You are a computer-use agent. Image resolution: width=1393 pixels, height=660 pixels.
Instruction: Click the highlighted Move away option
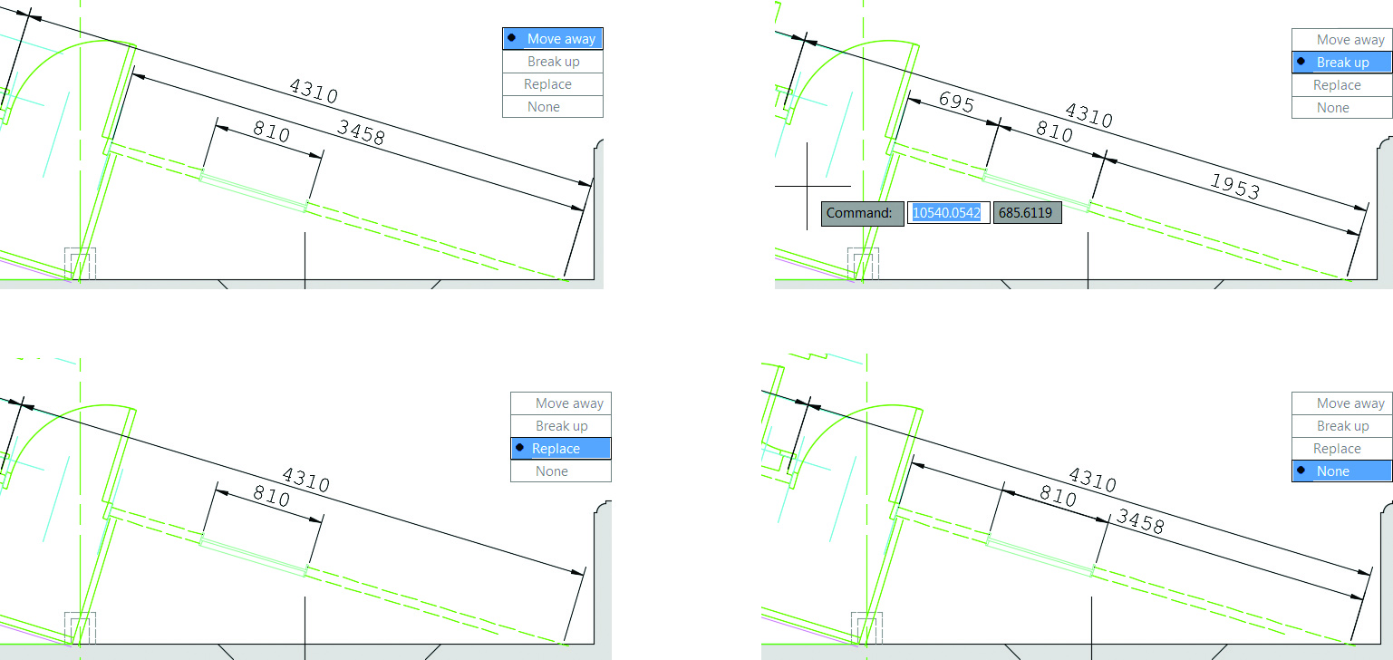(x=553, y=39)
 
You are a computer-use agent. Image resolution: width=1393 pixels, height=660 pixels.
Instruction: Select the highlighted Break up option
(x=1342, y=63)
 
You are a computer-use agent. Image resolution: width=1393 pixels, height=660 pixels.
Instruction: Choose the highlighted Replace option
(x=560, y=449)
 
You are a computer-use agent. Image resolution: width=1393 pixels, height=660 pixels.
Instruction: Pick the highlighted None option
(x=1341, y=471)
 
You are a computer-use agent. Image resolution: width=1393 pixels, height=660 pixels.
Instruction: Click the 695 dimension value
(x=956, y=102)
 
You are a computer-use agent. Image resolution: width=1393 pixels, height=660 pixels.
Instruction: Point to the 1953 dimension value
(x=1235, y=186)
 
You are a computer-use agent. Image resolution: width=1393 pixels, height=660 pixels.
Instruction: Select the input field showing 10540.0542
(x=947, y=213)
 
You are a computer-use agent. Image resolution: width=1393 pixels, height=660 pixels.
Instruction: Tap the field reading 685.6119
(x=1026, y=213)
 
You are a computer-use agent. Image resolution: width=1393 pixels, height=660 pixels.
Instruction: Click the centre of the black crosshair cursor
(x=807, y=186)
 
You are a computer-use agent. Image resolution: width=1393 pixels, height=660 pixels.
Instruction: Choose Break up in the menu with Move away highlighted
(x=553, y=62)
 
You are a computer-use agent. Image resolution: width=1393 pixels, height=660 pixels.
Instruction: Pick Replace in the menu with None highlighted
(x=1337, y=449)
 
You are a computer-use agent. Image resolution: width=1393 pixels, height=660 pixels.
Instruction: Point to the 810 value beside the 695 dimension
(x=1054, y=133)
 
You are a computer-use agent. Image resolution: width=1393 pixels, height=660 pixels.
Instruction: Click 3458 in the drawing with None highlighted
(x=1139, y=520)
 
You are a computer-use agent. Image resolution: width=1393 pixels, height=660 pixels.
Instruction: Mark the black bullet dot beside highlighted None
(x=1301, y=471)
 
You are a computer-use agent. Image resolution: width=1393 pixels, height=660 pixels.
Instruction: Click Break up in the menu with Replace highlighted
(x=561, y=426)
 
